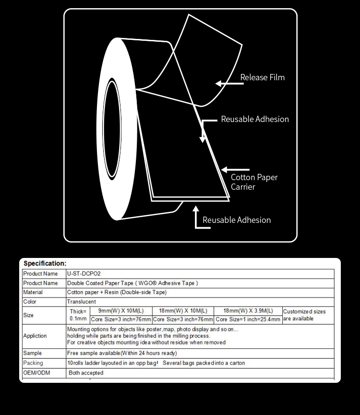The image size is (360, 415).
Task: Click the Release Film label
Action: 262,77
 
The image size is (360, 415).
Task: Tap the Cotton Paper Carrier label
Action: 254,182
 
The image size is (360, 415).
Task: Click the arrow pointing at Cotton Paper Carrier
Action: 235,169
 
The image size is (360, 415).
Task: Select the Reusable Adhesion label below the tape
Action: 236,220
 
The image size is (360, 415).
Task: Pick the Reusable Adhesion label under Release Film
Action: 254,119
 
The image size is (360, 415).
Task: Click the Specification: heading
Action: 45,263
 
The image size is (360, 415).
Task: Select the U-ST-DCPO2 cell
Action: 84,274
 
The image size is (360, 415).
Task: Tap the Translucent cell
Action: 81,302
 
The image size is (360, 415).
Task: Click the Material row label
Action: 33,292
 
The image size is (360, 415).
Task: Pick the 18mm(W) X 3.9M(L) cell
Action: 248,311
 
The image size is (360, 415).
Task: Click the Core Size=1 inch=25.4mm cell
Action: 248,319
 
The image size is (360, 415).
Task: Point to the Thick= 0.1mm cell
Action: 78,315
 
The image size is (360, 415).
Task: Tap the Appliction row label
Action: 35,336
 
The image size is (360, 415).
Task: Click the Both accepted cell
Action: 86,373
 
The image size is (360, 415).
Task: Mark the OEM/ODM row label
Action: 36,373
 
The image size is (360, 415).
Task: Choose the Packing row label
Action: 33,363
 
